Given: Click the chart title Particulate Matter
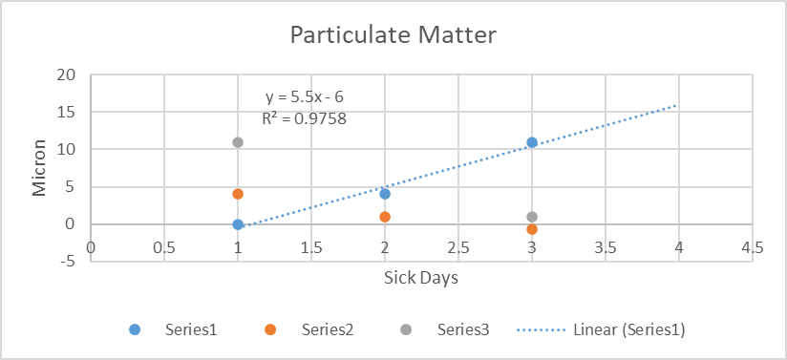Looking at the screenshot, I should pyautogui.click(x=393, y=36).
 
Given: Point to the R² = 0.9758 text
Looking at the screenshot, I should pyautogui.click(x=304, y=119).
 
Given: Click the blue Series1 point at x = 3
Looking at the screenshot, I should pyautogui.click(x=532, y=142).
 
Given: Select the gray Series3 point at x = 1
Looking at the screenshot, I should pyautogui.click(x=238, y=142).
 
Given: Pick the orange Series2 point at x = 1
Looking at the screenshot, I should pyautogui.click(x=238, y=194).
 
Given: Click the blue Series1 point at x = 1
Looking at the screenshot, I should pyautogui.click(x=238, y=224).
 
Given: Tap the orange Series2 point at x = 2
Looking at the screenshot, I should pyautogui.click(x=385, y=217).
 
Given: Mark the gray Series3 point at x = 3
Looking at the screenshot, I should pyautogui.click(x=532, y=217).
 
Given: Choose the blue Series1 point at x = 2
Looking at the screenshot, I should pyautogui.click(x=385, y=194).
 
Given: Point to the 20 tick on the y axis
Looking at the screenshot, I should pyautogui.click(x=67, y=74).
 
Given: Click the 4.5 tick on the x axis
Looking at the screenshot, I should pyautogui.click(x=752, y=246).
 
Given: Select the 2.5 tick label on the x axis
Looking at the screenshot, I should pyautogui.click(x=458, y=246).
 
